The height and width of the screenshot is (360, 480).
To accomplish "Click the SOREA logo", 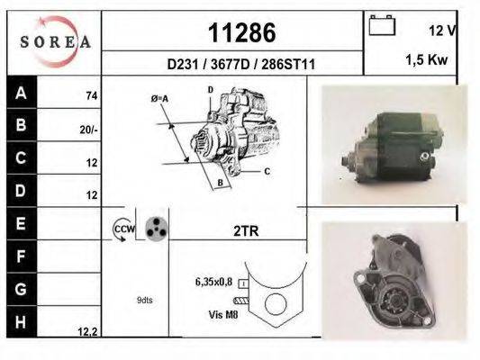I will (55, 40).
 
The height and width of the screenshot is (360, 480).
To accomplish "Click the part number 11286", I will (241, 33).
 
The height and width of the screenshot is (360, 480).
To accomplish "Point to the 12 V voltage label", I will (442, 30).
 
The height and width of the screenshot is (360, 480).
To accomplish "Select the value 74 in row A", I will (90, 95).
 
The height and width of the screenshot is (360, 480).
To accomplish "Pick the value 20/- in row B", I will (88, 129).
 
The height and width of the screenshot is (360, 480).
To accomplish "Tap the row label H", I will (21, 321).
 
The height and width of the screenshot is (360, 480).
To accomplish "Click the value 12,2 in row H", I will (87, 332).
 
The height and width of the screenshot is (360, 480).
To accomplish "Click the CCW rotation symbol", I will (122, 230).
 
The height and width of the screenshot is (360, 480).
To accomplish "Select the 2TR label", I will (245, 231).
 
